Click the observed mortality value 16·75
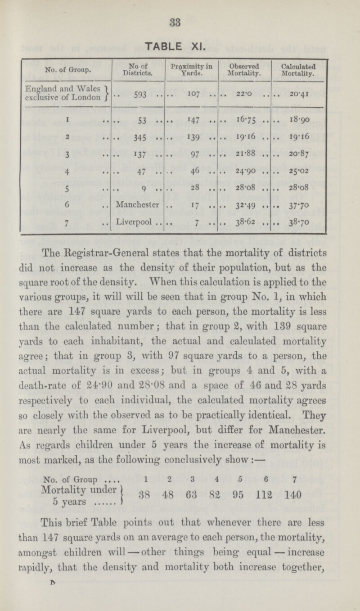243,134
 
